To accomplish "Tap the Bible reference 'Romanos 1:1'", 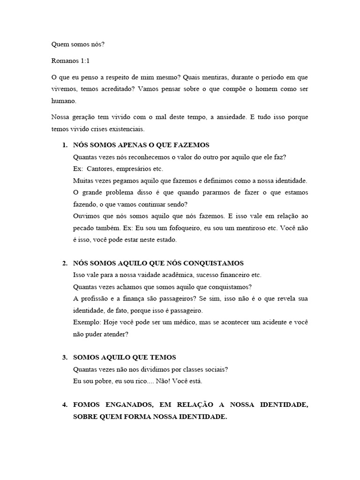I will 69,61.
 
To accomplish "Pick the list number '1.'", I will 65,145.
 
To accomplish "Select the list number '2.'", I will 65,263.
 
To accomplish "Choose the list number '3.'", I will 65,358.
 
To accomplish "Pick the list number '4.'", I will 65,405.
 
